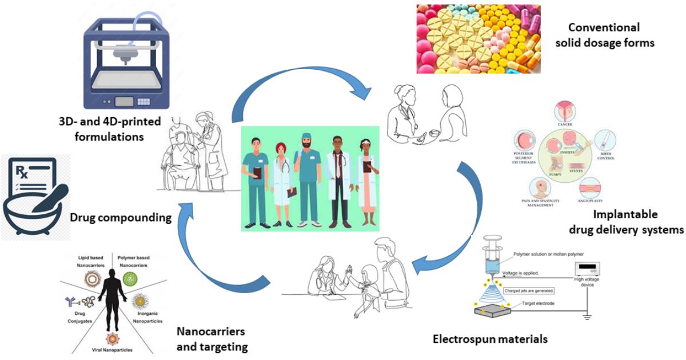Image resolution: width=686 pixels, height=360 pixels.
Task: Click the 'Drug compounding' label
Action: (x=121, y=217)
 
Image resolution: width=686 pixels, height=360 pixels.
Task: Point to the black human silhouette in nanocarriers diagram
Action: (x=110, y=297)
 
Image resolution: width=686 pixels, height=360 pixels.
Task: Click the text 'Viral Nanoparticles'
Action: (x=109, y=348)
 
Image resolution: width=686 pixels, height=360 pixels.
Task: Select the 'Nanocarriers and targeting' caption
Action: (x=212, y=339)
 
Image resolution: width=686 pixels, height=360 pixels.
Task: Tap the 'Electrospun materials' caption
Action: (x=489, y=339)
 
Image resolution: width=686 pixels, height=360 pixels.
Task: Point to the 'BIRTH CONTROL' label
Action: (x=605, y=156)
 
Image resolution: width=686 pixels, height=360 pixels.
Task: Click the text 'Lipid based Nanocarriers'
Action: (x=91, y=262)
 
